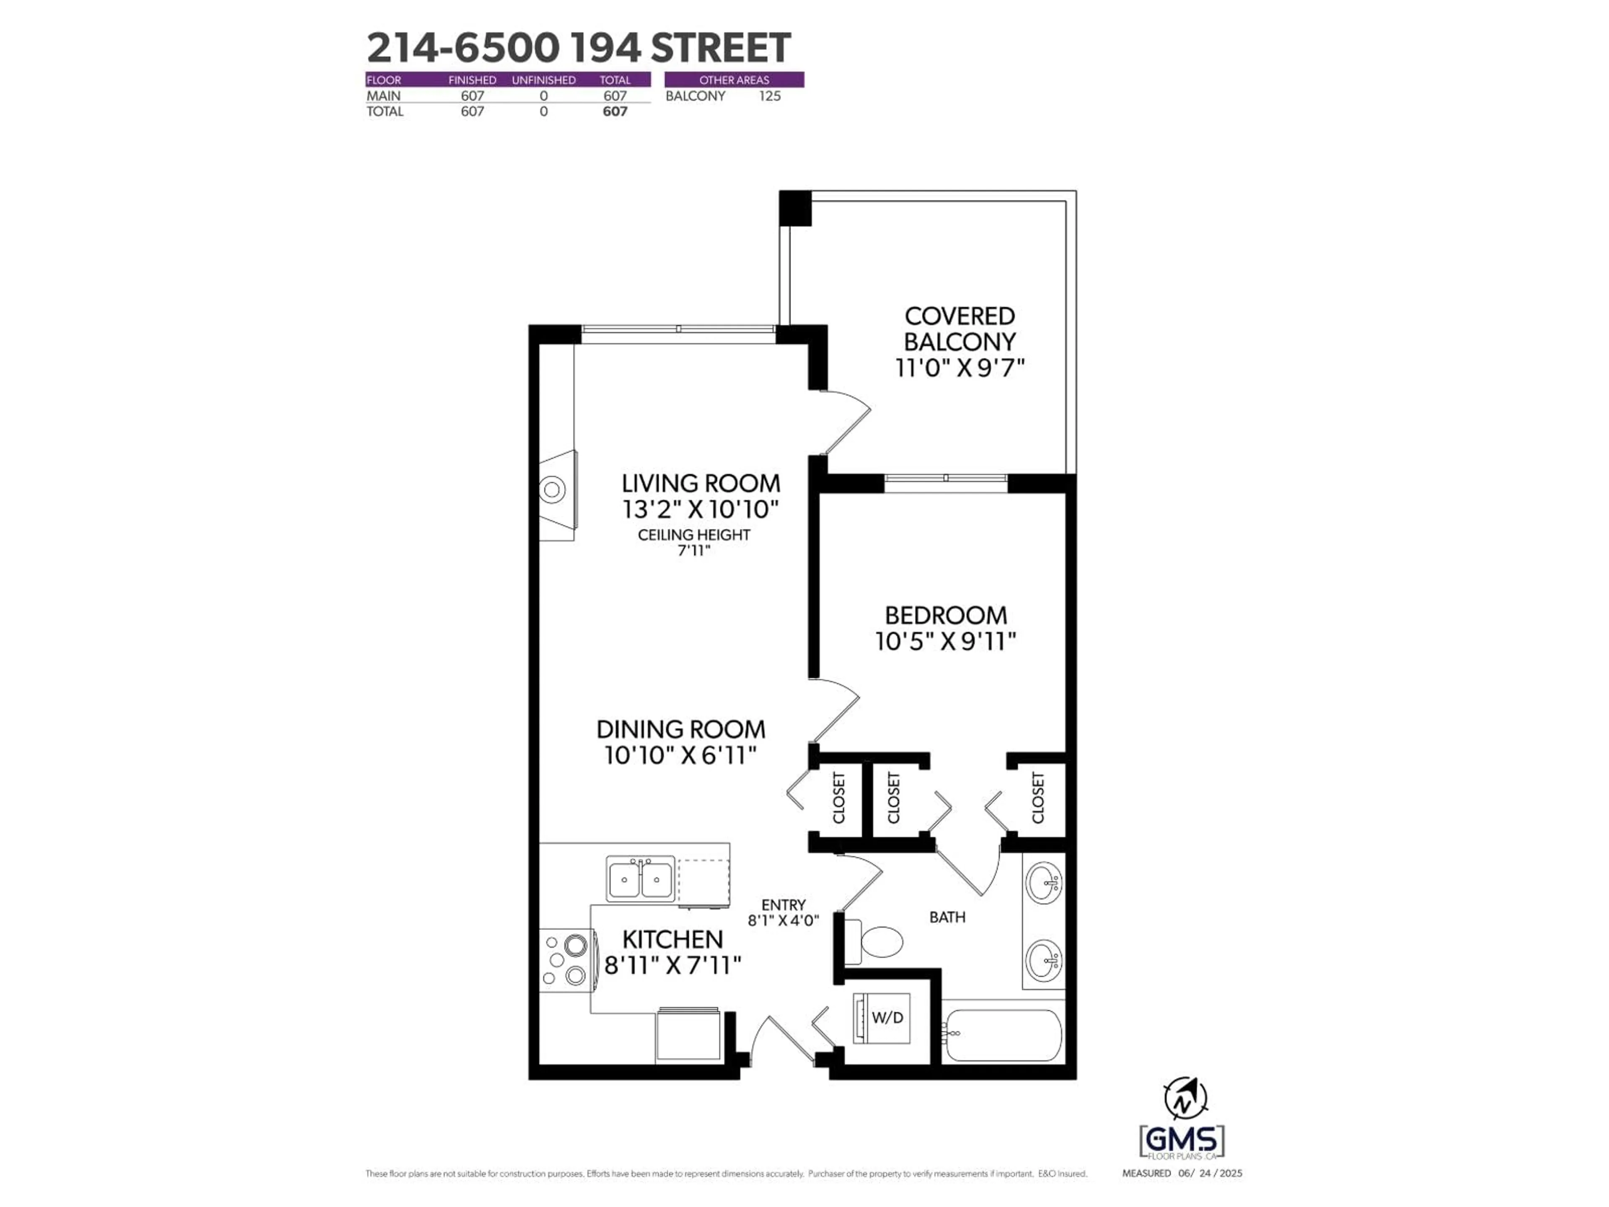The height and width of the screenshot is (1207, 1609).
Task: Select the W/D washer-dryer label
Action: tap(887, 1017)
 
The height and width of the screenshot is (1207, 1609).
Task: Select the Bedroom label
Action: tap(946, 616)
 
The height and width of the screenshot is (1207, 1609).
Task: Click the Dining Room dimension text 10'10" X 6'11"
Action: tap(680, 755)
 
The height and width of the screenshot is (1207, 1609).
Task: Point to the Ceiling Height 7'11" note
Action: tap(694, 543)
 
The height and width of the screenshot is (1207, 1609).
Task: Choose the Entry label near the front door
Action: tap(784, 905)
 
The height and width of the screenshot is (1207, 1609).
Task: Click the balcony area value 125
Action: tap(770, 96)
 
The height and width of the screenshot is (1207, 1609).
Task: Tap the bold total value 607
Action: tap(615, 111)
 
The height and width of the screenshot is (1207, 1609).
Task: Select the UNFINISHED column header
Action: tap(543, 80)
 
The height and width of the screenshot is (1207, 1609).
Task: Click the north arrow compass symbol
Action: tap(1185, 1098)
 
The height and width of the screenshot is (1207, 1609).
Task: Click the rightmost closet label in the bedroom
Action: tap(1038, 798)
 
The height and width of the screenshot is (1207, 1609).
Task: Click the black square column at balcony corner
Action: tap(795, 207)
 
